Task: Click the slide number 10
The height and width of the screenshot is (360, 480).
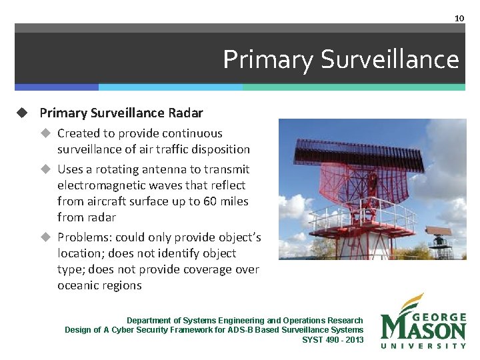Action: click(459, 18)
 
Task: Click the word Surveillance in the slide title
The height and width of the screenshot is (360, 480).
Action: click(389, 59)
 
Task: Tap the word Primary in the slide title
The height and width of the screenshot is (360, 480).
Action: click(268, 59)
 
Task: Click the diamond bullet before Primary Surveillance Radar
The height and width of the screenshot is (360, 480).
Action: click(21, 113)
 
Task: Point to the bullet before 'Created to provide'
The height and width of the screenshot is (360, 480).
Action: click(46, 133)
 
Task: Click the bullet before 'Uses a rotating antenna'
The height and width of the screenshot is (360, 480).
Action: click(46, 169)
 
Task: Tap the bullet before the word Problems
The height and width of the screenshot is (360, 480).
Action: click(46, 237)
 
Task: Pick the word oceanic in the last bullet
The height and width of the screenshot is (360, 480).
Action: click(78, 285)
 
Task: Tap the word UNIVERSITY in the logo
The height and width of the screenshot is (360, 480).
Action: click(423, 345)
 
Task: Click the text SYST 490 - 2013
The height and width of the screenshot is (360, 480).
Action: click(333, 339)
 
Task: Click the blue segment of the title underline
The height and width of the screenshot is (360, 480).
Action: click(57, 87)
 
